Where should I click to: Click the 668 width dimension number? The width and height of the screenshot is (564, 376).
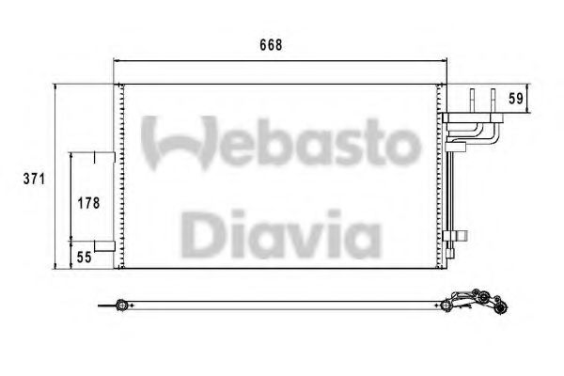tap(271, 45)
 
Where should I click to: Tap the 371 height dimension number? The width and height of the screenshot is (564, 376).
tap(34, 179)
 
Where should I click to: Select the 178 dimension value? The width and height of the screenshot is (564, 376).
tap(89, 203)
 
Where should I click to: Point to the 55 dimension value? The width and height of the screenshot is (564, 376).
tap(85, 258)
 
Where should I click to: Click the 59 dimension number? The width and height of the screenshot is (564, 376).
tap(516, 99)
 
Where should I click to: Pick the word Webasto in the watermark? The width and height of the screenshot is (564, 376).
tap(281, 143)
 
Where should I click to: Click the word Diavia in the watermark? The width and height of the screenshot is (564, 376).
tap(280, 234)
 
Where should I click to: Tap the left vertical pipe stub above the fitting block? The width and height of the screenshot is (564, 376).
tap(472, 101)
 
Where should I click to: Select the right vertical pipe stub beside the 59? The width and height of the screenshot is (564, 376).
tap(493, 101)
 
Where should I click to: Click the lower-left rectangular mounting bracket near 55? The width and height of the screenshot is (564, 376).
tap(104, 246)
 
